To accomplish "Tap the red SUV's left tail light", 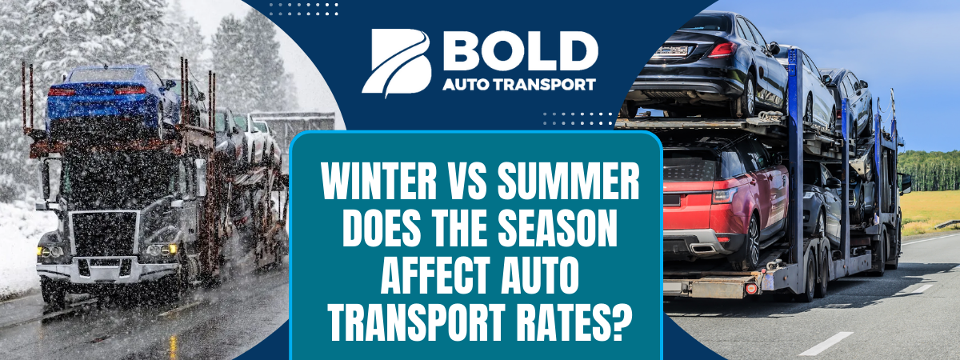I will point(725,194).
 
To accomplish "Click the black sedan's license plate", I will point(673,50).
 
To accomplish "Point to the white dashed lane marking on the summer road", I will point(824,344).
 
